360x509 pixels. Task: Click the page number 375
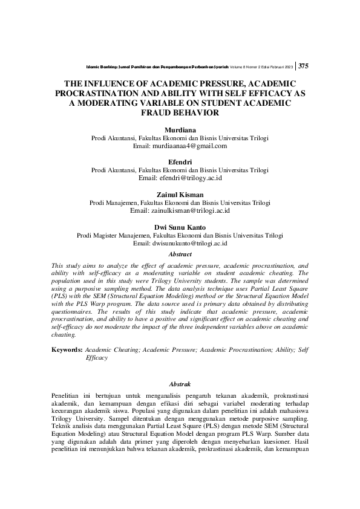(x=304, y=66)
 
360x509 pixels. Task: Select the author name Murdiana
(x=180, y=130)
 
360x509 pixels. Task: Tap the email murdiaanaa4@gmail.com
(x=180, y=146)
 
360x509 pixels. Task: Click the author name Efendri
(x=180, y=162)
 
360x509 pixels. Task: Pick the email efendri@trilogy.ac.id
(x=180, y=178)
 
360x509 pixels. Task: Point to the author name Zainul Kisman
(x=180, y=195)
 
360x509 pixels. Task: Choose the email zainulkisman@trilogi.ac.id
(x=180, y=210)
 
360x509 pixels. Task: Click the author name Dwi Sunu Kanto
(x=180, y=227)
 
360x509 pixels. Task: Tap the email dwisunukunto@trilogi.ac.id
(x=180, y=243)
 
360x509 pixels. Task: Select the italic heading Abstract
(x=180, y=254)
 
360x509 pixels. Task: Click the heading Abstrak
(x=180, y=384)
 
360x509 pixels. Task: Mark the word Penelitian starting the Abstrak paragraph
(x=66, y=395)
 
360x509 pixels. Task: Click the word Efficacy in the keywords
(x=96, y=358)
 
